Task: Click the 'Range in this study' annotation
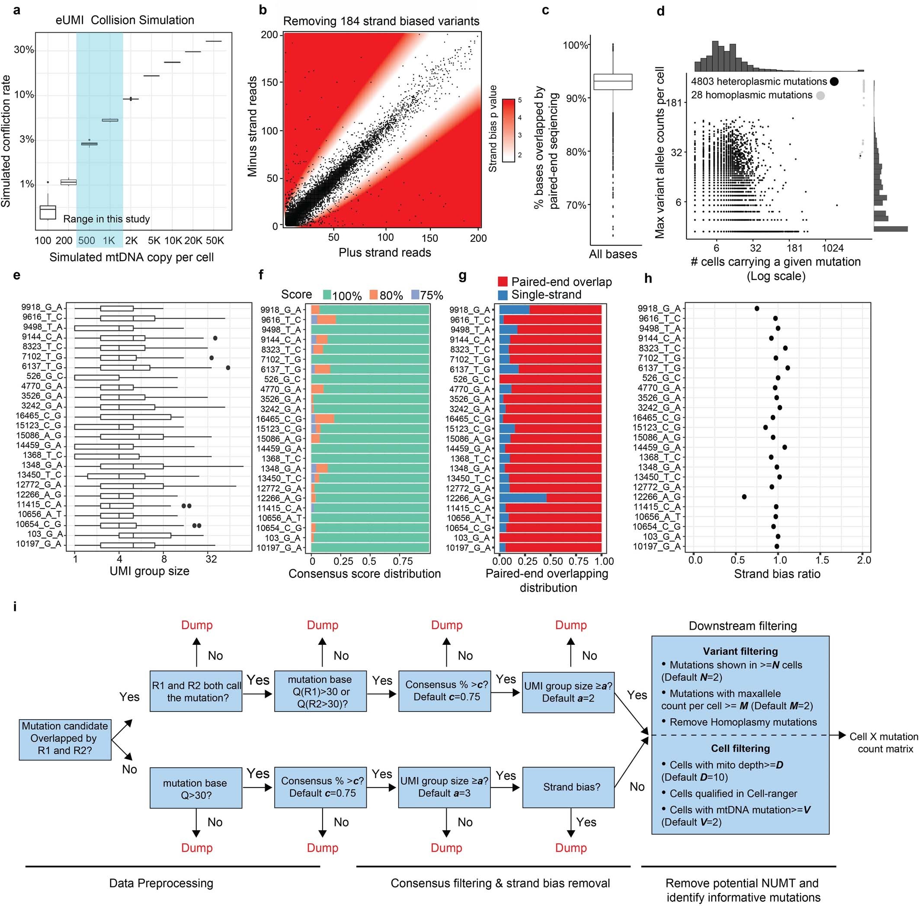pos(106,219)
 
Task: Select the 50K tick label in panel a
pos(215,240)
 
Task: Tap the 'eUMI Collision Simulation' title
pos(125,20)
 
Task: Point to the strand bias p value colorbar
pos(508,130)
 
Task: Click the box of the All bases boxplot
pos(613,82)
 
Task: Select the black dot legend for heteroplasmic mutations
pos(834,82)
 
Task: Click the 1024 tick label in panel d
pos(833,248)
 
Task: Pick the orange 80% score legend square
pos(373,295)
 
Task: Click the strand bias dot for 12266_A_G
pos(744,496)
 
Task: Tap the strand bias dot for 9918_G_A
pos(757,309)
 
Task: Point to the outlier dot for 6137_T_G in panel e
pos(228,368)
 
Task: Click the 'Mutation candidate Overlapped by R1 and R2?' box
pos(65,740)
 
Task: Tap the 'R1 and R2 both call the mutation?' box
pos(196,692)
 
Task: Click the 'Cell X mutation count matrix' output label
pos(884,743)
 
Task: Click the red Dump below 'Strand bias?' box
pos(571,848)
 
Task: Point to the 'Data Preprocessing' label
pos(161,883)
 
